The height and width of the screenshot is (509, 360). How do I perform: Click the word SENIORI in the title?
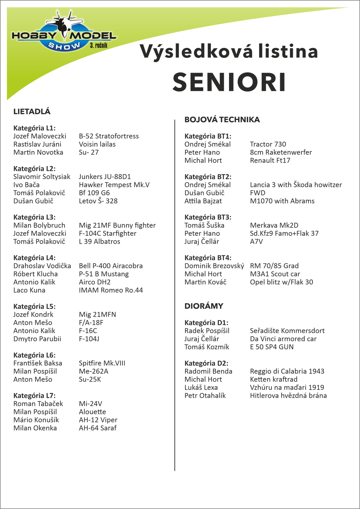[x=229, y=82]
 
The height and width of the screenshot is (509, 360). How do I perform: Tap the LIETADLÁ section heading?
[x=32, y=112]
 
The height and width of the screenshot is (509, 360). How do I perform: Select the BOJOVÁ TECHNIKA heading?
[x=222, y=120]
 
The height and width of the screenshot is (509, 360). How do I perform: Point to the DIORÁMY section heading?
[x=204, y=306]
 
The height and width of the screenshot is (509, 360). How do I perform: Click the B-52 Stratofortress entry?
[x=109, y=136]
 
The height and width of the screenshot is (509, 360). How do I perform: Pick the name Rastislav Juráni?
[x=37, y=144]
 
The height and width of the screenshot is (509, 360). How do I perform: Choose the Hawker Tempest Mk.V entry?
[x=114, y=185]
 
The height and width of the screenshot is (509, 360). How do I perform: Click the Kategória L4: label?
[x=34, y=258]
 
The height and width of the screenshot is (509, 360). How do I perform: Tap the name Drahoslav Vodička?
[x=42, y=266]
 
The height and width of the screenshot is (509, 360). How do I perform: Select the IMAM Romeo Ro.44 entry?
[x=111, y=290]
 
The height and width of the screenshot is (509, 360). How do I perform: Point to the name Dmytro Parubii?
[x=37, y=339]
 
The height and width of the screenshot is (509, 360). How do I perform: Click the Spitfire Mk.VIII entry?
[x=102, y=363]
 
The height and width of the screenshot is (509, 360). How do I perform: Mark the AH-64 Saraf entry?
[x=98, y=428]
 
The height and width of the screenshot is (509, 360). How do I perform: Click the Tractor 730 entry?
[x=268, y=144]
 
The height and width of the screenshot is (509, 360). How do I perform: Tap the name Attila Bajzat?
[x=203, y=201]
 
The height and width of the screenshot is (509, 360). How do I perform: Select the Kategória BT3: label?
[x=208, y=217]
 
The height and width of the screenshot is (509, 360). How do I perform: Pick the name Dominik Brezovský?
[x=214, y=266]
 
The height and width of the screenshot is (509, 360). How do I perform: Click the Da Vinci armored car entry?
[x=283, y=339]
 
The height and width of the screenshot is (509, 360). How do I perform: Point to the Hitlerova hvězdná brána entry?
[x=288, y=396]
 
